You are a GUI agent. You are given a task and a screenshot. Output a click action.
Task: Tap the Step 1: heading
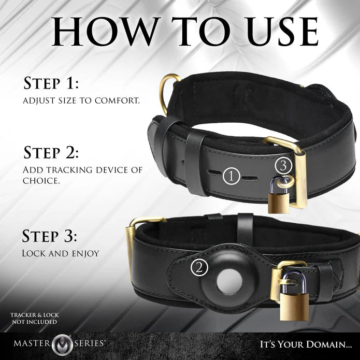[50, 84]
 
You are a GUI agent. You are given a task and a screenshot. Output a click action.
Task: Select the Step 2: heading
[51, 153]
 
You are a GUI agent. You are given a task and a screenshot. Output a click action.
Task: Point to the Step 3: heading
[50, 237]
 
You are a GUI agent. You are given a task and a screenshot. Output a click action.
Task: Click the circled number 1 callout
[232, 177]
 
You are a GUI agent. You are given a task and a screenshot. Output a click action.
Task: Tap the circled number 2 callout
[199, 268]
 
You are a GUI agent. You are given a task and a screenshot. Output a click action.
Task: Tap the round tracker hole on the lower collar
[228, 284]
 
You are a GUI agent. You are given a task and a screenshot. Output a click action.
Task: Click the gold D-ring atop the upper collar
[169, 92]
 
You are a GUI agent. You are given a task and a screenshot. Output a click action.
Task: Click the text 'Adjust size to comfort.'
[81, 100]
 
